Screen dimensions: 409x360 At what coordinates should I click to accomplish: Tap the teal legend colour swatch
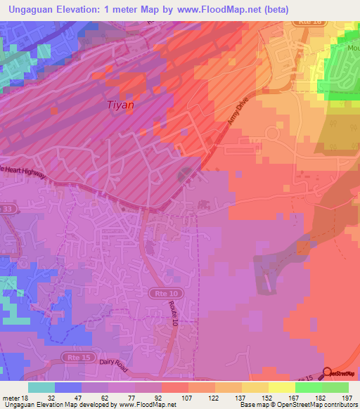click(41, 387)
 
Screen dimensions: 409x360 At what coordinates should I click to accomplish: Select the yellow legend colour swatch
click(281, 387)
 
